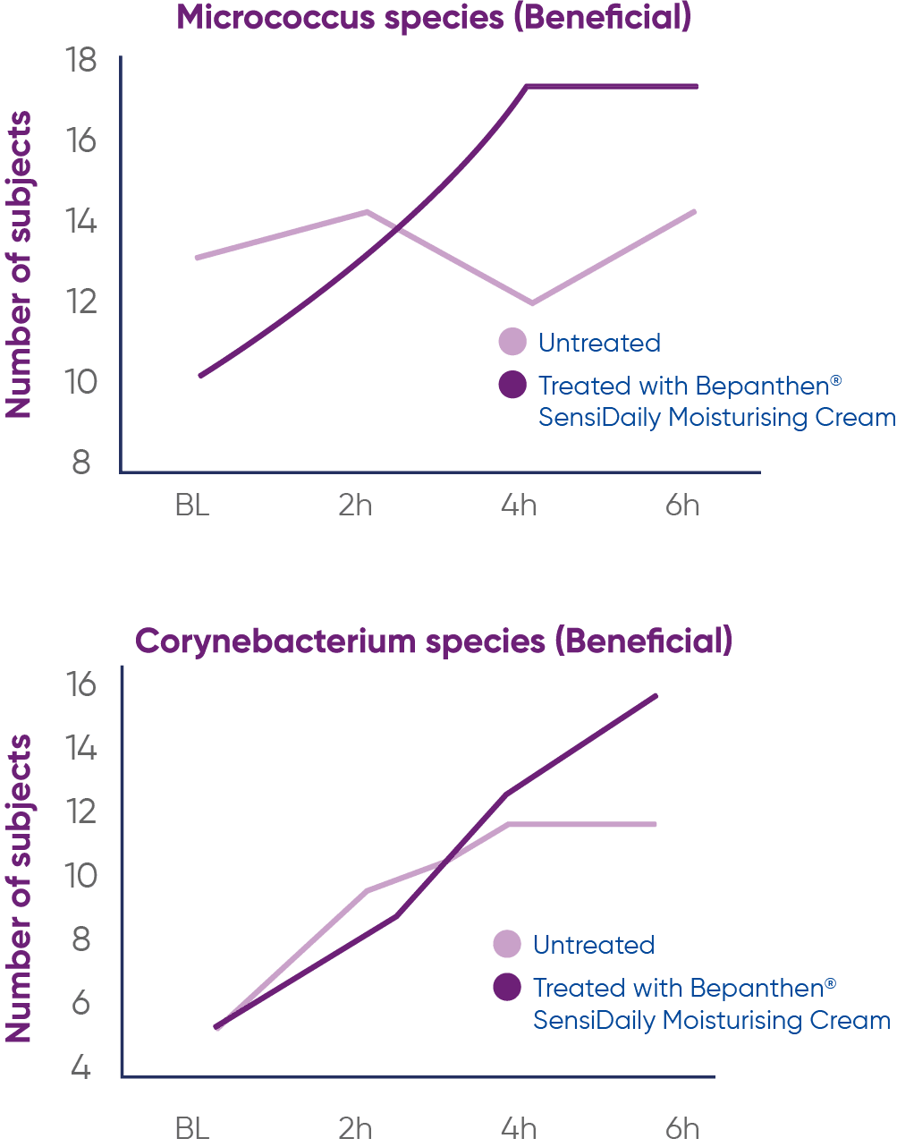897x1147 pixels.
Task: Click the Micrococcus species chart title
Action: (x=434, y=18)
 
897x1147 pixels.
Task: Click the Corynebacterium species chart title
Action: (x=434, y=641)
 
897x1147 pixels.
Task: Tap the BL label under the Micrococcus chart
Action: (x=192, y=506)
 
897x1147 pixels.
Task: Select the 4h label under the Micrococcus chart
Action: (x=519, y=506)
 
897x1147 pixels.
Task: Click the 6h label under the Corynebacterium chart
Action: (x=682, y=1128)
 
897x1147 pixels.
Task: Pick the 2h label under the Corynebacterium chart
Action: (x=355, y=1128)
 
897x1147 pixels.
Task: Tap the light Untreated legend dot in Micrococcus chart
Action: (x=512, y=342)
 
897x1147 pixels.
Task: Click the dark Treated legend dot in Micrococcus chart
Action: (x=512, y=385)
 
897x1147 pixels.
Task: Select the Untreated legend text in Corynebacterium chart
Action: (x=594, y=945)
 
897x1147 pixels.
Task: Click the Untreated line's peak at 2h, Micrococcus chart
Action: (x=366, y=211)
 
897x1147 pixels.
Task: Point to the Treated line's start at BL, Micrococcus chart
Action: (x=200, y=376)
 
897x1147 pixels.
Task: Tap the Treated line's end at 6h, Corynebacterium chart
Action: (x=656, y=695)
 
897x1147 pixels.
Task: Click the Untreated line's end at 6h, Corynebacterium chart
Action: (x=656, y=824)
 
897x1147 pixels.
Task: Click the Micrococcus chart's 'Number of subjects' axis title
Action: (x=19, y=265)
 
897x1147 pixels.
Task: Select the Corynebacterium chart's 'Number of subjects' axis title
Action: (x=19, y=888)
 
